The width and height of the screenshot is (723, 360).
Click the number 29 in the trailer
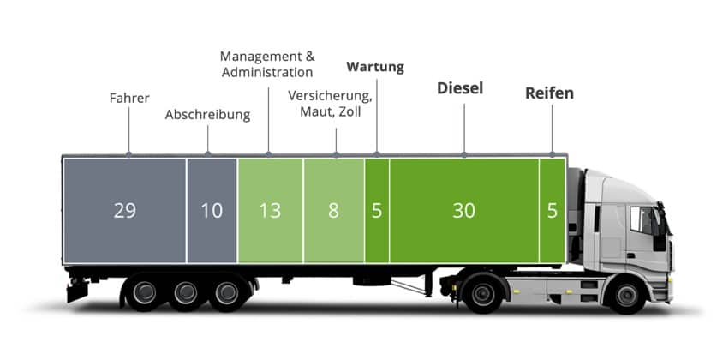[x=125, y=210]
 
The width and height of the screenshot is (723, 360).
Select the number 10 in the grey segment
[x=212, y=210]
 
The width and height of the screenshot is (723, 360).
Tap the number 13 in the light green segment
[x=270, y=210]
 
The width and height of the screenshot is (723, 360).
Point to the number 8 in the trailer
[x=333, y=210]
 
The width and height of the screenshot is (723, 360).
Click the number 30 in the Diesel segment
[x=463, y=210]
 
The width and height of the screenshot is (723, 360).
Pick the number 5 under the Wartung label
[x=377, y=210]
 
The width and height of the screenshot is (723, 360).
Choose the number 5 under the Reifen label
[x=552, y=210]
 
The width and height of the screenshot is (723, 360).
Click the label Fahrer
[x=129, y=98]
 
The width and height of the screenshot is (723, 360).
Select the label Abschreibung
[x=207, y=114]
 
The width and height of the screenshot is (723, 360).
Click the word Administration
[x=267, y=73]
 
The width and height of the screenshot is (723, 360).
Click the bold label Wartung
[x=375, y=67]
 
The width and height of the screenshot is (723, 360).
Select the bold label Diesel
[x=460, y=88]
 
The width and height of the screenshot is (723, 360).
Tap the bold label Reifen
[x=549, y=93]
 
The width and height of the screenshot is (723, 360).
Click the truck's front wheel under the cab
[x=626, y=295]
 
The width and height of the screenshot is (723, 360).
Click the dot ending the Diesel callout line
[x=464, y=155]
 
